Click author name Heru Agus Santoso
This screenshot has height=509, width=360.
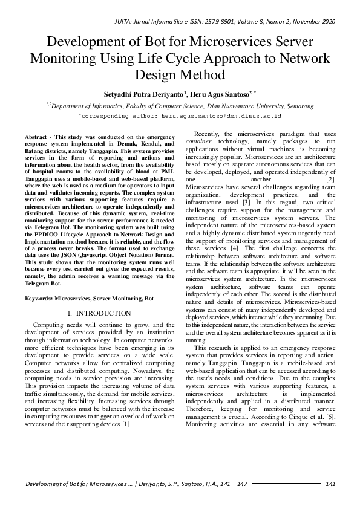(222, 94)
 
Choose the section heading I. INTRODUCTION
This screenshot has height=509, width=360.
(100, 313)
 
